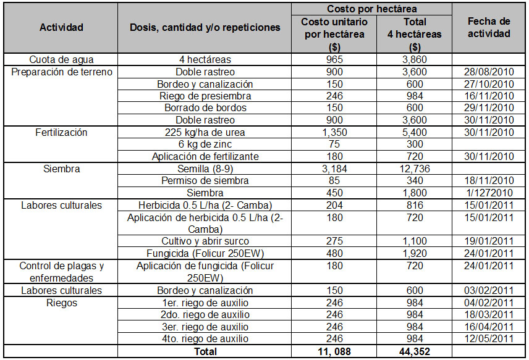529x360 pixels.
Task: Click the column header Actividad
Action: tap(61, 27)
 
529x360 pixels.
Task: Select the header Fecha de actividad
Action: tap(489, 27)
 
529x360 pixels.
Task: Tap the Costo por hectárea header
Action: tap(371, 9)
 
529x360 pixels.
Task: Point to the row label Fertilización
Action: tap(61, 132)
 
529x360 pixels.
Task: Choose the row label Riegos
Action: tap(61, 303)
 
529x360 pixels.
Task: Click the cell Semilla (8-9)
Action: tap(205, 169)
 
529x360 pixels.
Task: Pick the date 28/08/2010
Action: tap(489, 72)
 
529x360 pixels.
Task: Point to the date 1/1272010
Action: tap(489, 193)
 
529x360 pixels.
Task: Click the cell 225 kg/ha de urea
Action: tap(205, 132)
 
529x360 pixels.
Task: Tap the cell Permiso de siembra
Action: tap(205, 181)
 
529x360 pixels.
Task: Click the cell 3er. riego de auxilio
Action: tap(205, 327)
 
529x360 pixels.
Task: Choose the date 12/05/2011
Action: tap(489, 339)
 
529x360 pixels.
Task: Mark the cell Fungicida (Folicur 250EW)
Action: tap(205, 253)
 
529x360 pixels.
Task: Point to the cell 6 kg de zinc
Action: tap(205, 144)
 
